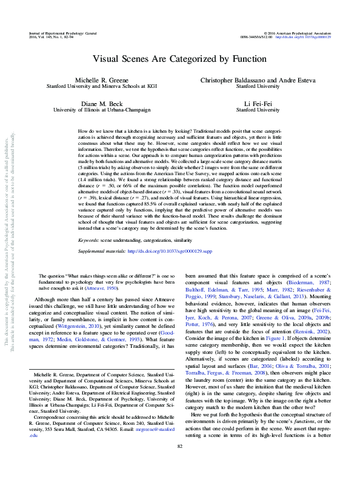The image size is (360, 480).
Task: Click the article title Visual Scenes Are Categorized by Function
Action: pos(179,59)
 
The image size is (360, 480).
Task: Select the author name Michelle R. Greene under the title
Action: pos(99,80)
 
